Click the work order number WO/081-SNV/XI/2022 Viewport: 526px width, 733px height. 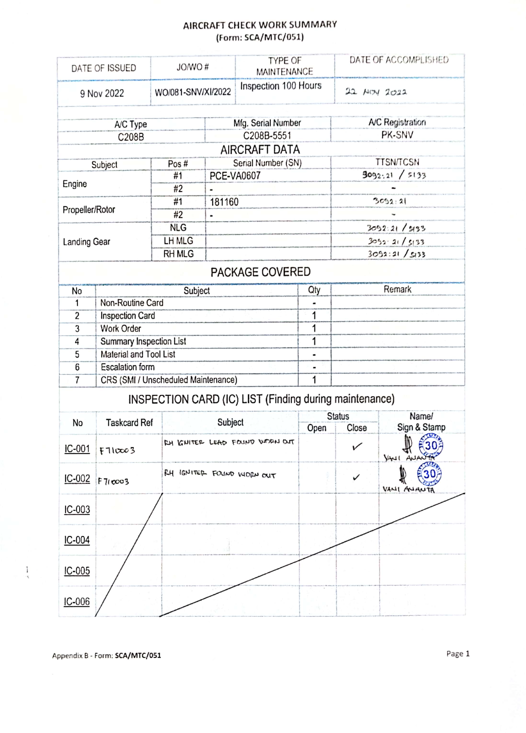[x=193, y=92]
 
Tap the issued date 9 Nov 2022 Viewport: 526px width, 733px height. [x=102, y=94]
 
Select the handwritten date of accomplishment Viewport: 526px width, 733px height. [x=376, y=92]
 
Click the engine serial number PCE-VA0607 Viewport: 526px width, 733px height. [x=235, y=176]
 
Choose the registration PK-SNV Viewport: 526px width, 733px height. [x=397, y=135]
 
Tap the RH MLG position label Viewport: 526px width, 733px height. [x=178, y=254]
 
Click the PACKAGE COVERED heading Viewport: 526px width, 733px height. [x=260, y=272]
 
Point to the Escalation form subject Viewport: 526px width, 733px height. [x=128, y=367]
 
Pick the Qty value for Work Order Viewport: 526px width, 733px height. [x=314, y=329]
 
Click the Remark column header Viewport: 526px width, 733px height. [x=397, y=290]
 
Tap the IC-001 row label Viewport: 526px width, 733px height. [x=77, y=449]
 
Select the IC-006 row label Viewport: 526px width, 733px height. [x=77, y=602]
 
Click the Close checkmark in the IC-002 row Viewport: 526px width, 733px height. [x=356, y=477]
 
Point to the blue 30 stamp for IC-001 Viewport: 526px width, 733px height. [x=431, y=446]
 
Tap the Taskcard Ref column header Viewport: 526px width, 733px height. [x=129, y=423]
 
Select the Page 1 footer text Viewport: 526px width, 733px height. [x=458, y=654]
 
